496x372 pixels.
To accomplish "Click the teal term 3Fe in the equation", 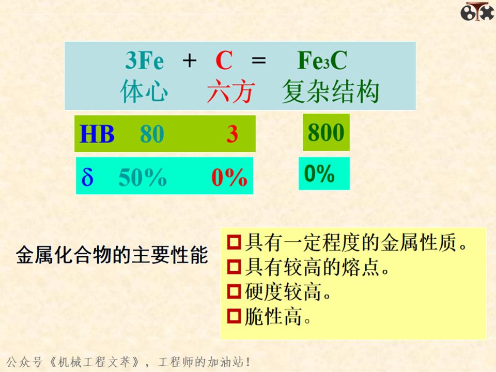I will tap(144, 61).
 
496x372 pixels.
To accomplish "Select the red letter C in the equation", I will tap(224, 61).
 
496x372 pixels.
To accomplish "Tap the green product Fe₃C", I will tap(322, 61).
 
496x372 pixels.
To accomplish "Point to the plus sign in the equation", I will tap(190, 61).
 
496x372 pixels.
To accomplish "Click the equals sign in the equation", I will tap(258, 61).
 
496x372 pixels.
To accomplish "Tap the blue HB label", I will tap(97, 134).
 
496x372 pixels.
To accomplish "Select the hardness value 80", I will tap(152, 134).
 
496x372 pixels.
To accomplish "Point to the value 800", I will tap(326, 132).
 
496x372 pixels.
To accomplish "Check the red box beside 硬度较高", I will tap(235, 292).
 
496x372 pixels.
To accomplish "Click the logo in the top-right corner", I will tap(477, 11).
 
